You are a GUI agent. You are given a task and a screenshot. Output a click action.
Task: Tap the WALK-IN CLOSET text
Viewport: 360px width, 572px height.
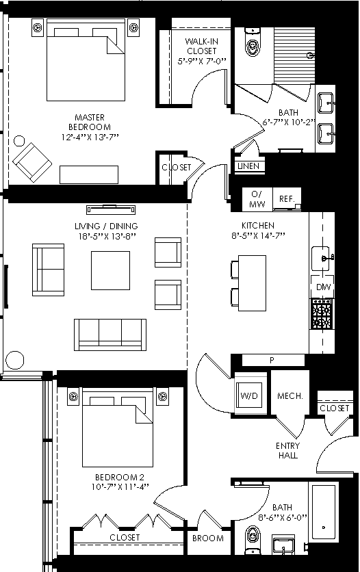[201, 47]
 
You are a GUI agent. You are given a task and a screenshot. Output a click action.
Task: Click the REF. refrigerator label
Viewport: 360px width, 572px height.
[286, 199]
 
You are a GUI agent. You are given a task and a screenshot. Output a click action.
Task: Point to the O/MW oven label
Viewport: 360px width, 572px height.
[257, 199]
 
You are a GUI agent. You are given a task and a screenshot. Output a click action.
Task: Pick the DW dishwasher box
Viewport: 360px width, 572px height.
[324, 287]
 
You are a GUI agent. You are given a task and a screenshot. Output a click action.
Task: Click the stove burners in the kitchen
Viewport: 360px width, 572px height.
[322, 314]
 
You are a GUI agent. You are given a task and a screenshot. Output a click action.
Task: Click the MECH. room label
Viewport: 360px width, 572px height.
[290, 396]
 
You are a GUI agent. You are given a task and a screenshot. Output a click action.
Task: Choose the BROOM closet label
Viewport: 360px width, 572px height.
[207, 538]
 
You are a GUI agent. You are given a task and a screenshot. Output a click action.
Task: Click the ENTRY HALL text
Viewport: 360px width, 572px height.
[287, 450]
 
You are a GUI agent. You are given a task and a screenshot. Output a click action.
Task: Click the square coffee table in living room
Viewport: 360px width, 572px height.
[110, 270]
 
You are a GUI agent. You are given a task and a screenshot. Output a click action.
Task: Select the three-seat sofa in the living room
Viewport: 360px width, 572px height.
[110, 334]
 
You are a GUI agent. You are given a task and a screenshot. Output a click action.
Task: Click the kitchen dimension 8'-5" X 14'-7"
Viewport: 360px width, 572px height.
[257, 236]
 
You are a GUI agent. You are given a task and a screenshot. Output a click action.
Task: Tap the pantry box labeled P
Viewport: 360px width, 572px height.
[272, 361]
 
